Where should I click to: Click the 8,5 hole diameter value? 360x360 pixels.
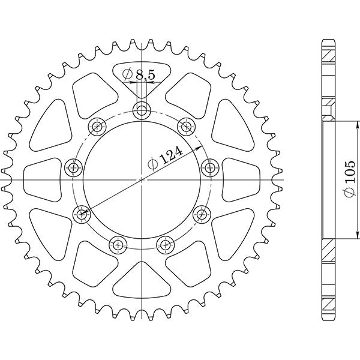point(145,76)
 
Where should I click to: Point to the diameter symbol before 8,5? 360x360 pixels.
point(127,76)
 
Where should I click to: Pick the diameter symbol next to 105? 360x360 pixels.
point(350,191)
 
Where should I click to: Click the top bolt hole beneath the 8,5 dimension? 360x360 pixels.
point(142,110)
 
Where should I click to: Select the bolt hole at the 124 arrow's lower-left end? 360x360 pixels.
point(80,213)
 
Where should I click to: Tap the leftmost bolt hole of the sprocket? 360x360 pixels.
point(74,167)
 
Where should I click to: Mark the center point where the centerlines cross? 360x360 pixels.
point(142,178)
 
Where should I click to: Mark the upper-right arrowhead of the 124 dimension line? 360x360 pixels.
point(201,145)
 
